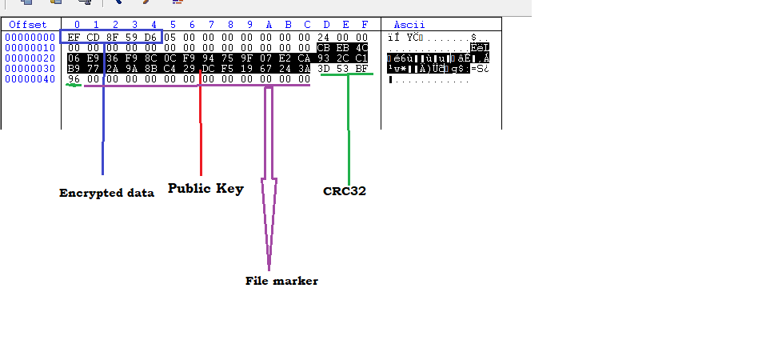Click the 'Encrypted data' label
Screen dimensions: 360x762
[x=106, y=193]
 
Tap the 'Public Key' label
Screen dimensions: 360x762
[x=205, y=189]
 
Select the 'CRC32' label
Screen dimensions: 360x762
[x=345, y=191]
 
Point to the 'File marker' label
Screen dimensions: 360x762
[x=281, y=281]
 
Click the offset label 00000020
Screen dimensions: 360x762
[x=30, y=58]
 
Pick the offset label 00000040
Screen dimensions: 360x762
[x=30, y=78]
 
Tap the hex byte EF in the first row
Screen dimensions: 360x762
[x=74, y=37]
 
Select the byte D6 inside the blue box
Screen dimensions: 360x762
[x=151, y=37]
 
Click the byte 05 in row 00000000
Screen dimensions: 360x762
[x=170, y=37]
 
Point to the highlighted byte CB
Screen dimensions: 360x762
[x=324, y=47]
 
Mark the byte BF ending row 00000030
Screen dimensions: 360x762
[x=362, y=68]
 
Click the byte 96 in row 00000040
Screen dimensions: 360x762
[x=74, y=78]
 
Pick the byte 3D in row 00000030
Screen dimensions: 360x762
[x=324, y=68]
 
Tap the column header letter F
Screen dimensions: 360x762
[x=365, y=25]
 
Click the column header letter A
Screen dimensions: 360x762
[x=269, y=25]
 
